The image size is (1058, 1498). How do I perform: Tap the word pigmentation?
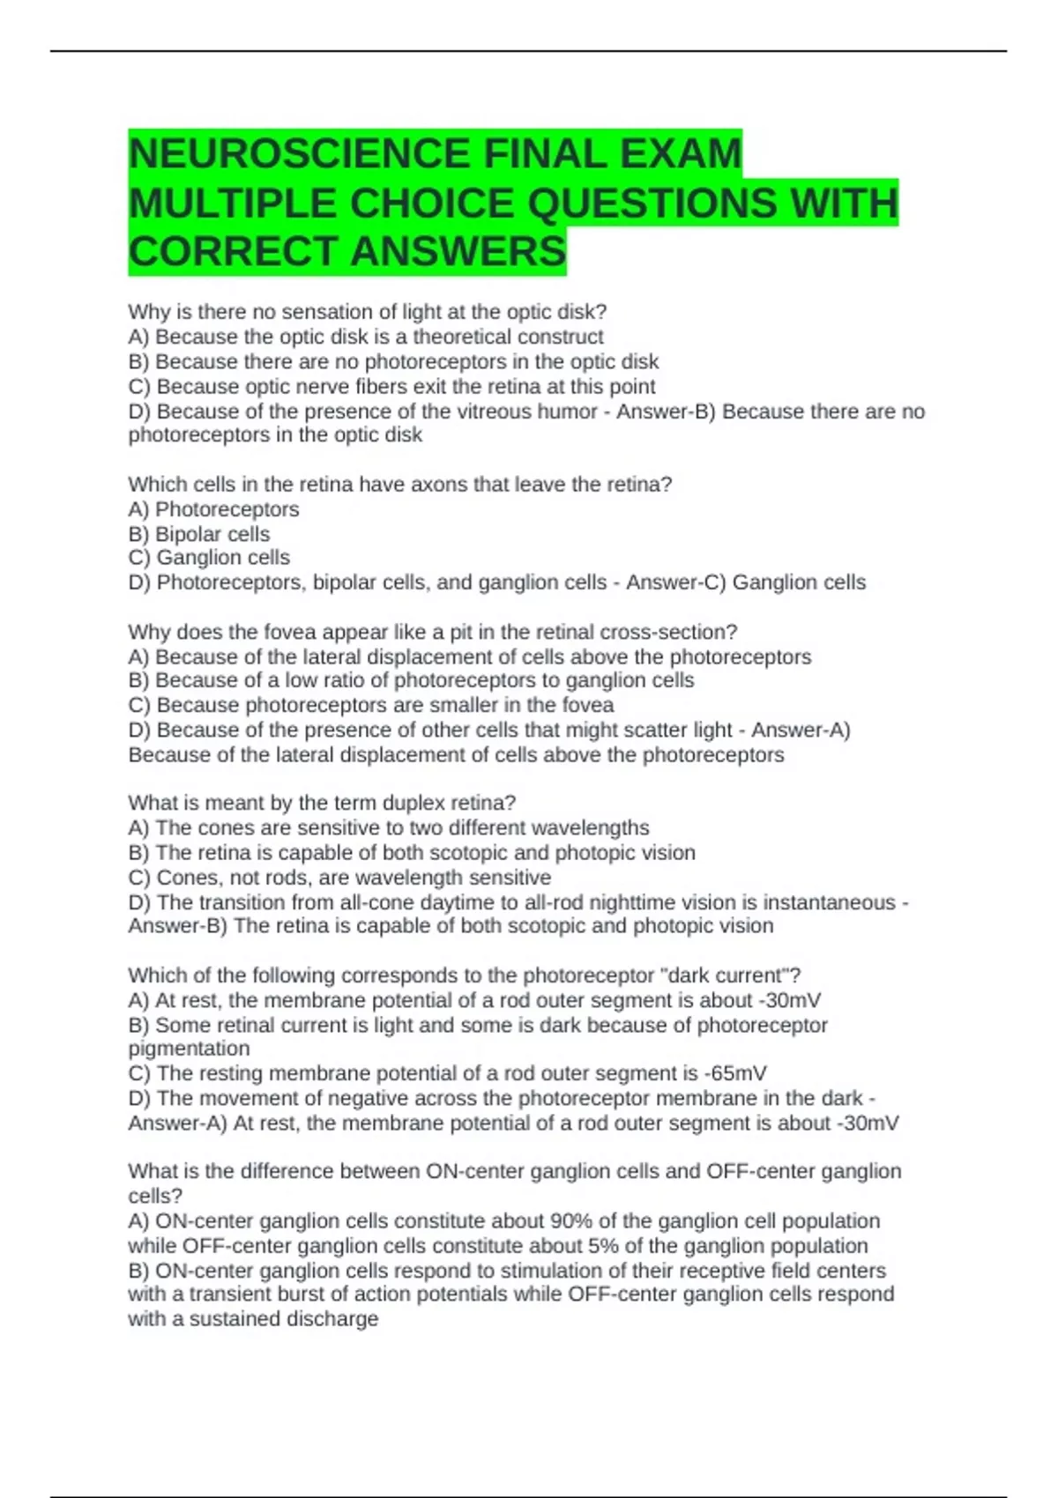[189, 1049]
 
